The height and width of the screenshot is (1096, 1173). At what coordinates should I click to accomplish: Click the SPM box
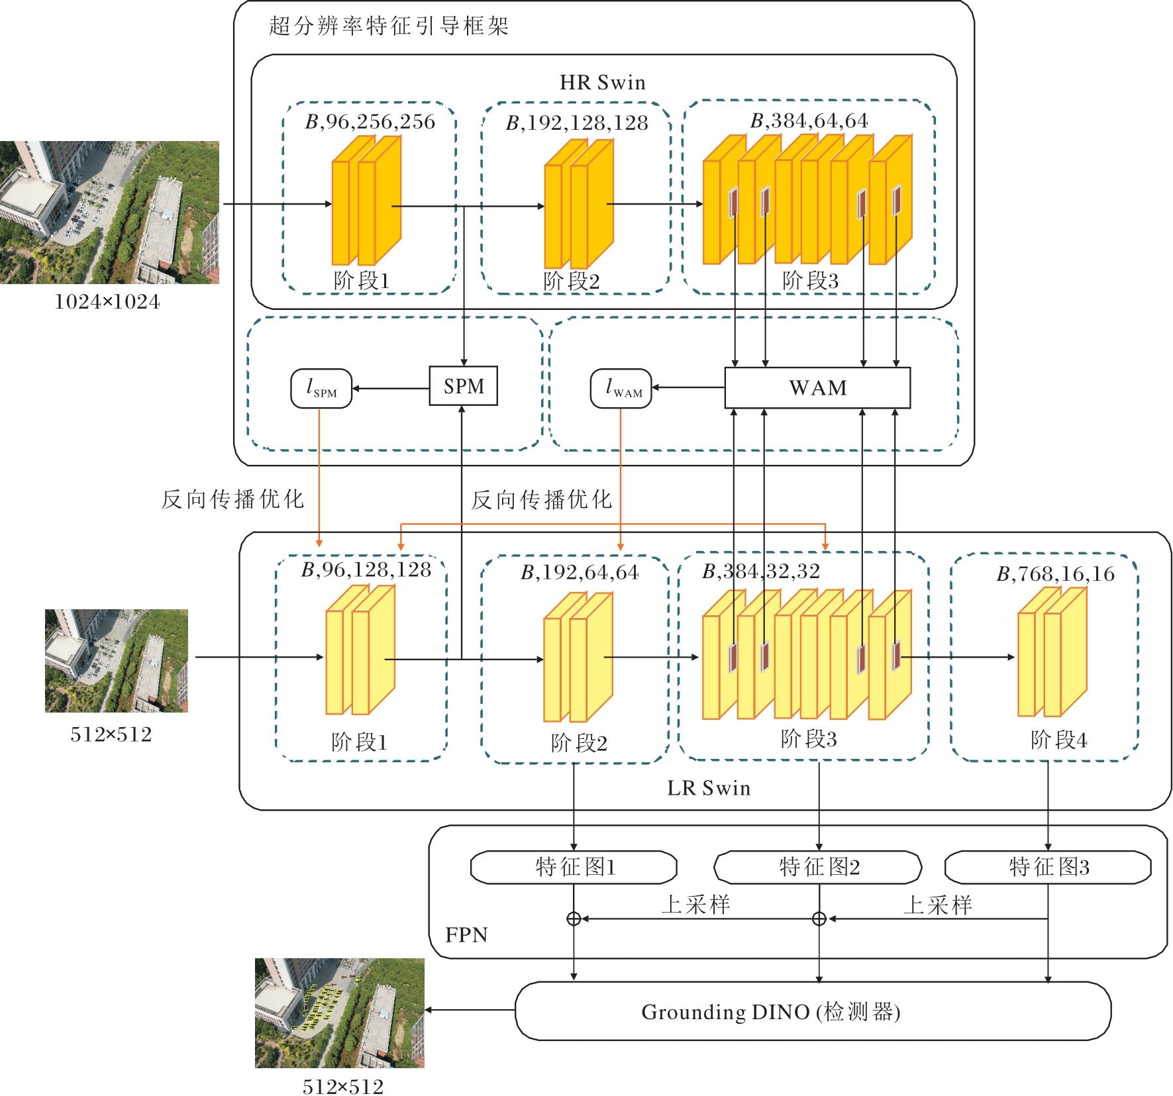pyautogui.click(x=463, y=386)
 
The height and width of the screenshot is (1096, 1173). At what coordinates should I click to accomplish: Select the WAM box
pyautogui.click(x=817, y=387)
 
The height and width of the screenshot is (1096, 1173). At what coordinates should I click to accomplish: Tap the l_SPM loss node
pyautogui.click(x=321, y=389)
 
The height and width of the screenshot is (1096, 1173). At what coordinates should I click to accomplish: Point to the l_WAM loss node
pyautogui.click(x=621, y=389)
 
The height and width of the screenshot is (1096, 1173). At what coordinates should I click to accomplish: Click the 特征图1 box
pyautogui.click(x=574, y=868)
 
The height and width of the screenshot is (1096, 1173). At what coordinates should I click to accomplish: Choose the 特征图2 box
pyautogui.click(x=818, y=868)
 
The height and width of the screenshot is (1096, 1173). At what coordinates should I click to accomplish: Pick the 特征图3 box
pyautogui.click(x=1048, y=868)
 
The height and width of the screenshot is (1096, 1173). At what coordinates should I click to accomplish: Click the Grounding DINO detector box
pyautogui.click(x=813, y=1012)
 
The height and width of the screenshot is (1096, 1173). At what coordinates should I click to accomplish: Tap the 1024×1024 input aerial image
pyautogui.click(x=109, y=213)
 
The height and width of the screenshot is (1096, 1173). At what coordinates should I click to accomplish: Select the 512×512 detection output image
pyautogui.click(x=339, y=1013)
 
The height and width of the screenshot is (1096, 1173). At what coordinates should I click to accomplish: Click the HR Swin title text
pyautogui.click(x=602, y=83)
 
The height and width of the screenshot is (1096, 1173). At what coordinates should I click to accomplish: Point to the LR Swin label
pyautogui.click(x=709, y=788)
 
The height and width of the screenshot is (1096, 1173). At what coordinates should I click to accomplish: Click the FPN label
pyautogui.click(x=466, y=935)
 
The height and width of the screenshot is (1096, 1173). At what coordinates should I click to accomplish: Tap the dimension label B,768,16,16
pyautogui.click(x=1055, y=574)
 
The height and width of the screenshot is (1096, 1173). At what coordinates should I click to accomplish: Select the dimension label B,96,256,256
pyautogui.click(x=370, y=122)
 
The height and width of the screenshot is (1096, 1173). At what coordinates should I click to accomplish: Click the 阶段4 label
pyautogui.click(x=1058, y=740)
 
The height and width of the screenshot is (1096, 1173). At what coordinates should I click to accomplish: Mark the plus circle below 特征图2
pyautogui.click(x=819, y=919)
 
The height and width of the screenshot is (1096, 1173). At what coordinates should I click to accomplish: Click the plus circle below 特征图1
pyautogui.click(x=574, y=919)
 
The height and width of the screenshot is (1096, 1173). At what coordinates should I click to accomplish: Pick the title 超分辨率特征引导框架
pyautogui.click(x=389, y=26)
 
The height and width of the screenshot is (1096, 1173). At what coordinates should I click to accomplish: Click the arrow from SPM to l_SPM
pyautogui.click(x=391, y=387)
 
